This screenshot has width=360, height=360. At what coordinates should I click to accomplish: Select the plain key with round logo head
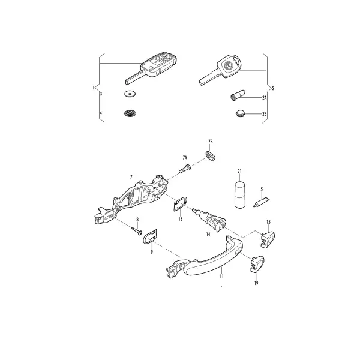[220, 70]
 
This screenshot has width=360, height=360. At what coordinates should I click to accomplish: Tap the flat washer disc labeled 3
[130, 94]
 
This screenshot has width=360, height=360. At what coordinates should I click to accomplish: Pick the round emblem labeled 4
[130, 113]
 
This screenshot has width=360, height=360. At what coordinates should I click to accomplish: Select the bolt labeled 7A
[184, 169]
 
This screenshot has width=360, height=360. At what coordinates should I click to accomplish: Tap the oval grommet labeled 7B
[209, 156]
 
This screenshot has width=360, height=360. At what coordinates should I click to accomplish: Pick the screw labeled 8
[137, 230]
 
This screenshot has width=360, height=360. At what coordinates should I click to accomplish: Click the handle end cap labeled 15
[268, 239]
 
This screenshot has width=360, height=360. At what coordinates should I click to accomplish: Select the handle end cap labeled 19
[257, 265]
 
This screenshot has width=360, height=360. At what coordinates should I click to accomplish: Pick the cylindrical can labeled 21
[239, 194]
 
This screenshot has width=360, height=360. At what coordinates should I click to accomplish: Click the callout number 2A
[264, 98]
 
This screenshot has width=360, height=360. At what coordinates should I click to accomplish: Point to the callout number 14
[208, 235]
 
